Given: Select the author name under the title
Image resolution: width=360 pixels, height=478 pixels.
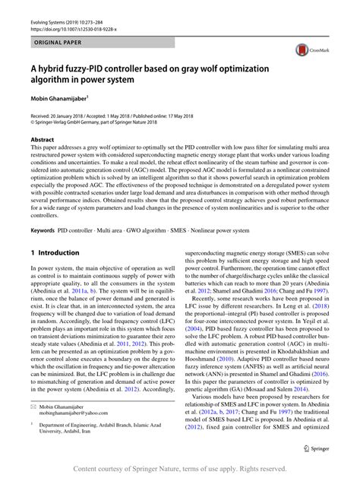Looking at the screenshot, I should click(x=58, y=98).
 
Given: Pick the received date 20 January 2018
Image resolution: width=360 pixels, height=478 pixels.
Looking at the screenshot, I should click(x=76, y=114).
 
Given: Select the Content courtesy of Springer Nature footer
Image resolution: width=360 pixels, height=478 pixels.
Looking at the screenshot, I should click(x=180, y=467).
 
